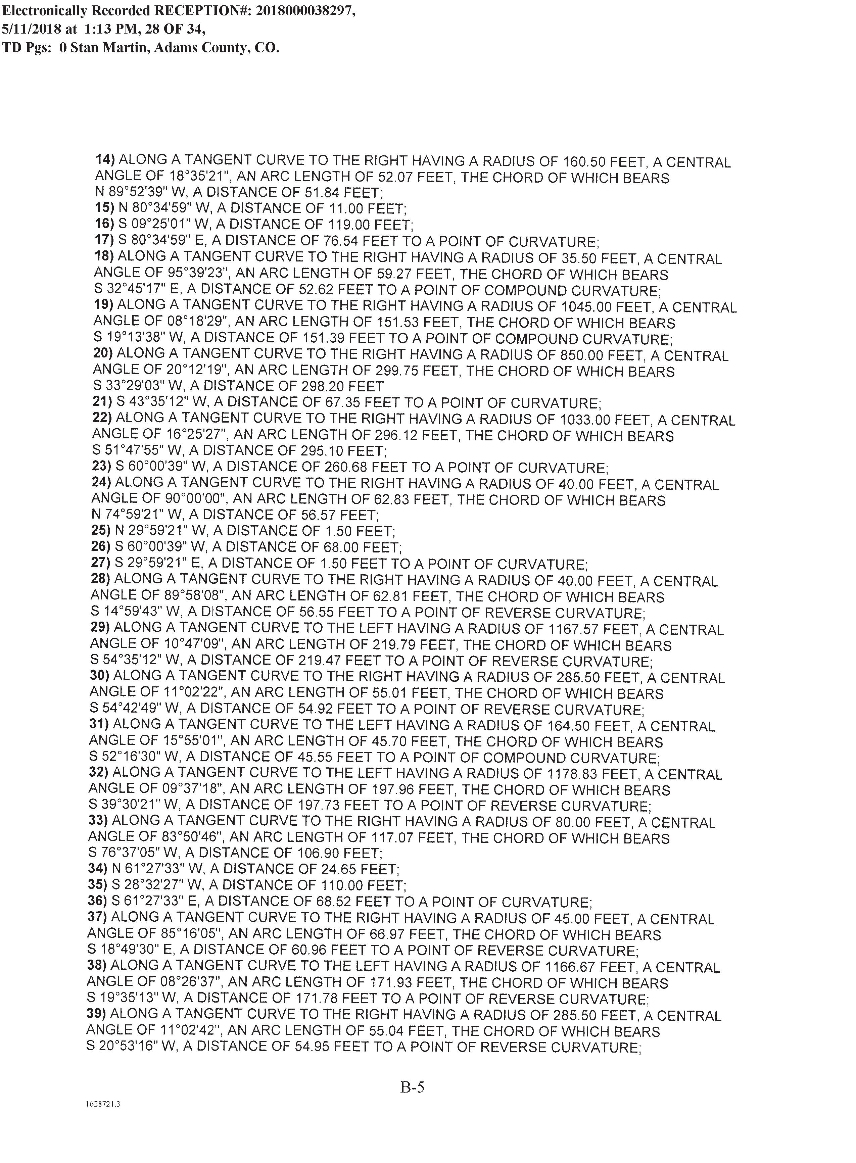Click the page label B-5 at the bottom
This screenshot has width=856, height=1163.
click(413, 1086)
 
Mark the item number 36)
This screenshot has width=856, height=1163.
click(97, 902)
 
